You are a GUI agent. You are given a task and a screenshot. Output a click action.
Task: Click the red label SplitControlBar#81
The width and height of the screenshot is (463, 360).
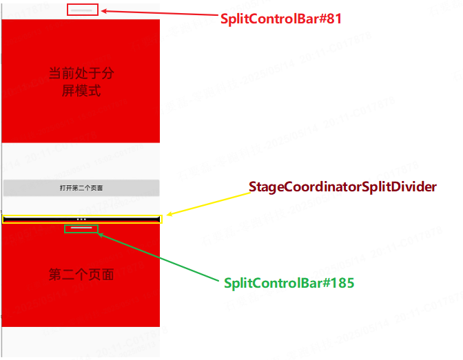click(281, 19)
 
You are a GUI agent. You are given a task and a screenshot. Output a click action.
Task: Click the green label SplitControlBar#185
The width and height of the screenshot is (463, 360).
click(289, 283)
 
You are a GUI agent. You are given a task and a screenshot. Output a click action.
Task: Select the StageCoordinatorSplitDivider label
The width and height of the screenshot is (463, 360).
click(342, 187)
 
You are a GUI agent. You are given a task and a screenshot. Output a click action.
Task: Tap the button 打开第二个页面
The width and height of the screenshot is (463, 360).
click(81, 188)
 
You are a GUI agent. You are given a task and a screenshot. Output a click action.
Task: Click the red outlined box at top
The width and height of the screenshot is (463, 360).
click(83, 10)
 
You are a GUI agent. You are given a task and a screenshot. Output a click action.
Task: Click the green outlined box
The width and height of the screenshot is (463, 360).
click(81, 228)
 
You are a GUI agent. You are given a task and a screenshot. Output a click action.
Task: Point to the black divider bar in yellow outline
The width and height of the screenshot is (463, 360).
click(41, 219)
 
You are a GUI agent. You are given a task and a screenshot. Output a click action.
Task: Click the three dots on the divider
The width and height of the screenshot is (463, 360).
click(81, 219)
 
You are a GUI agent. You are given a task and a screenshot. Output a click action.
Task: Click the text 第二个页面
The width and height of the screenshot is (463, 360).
click(81, 275)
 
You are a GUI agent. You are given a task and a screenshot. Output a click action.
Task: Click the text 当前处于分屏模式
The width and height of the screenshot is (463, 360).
click(81, 81)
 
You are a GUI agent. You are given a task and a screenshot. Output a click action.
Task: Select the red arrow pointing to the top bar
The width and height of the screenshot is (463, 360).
click(158, 14)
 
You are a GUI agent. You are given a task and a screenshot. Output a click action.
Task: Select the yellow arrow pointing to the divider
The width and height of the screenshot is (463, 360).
click(207, 203)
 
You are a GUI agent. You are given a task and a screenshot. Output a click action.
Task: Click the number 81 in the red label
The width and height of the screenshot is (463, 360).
click(333, 19)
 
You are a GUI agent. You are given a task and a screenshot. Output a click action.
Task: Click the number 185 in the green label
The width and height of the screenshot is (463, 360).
click(343, 283)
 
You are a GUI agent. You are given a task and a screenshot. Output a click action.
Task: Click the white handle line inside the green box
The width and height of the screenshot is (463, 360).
click(81, 227)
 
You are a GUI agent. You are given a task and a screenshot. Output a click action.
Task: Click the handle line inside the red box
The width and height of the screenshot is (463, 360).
click(83, 10)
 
